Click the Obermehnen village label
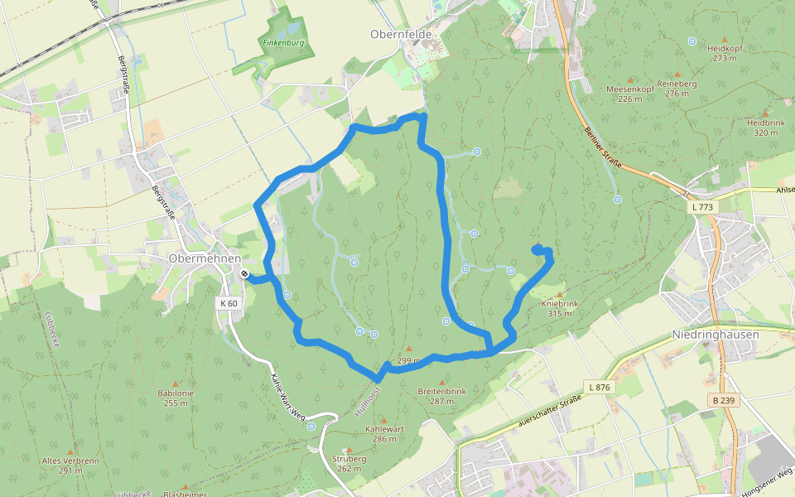204,258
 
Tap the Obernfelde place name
402,34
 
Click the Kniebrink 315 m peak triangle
559,294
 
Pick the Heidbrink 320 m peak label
765,127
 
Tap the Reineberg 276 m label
677,89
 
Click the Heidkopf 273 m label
725,53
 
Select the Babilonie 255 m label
176,398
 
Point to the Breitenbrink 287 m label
442,396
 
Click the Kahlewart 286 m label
384,434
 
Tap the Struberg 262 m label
349,463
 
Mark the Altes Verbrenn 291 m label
70,466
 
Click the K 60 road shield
229,303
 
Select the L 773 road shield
701,205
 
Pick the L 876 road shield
598,387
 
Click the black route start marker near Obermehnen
244,273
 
